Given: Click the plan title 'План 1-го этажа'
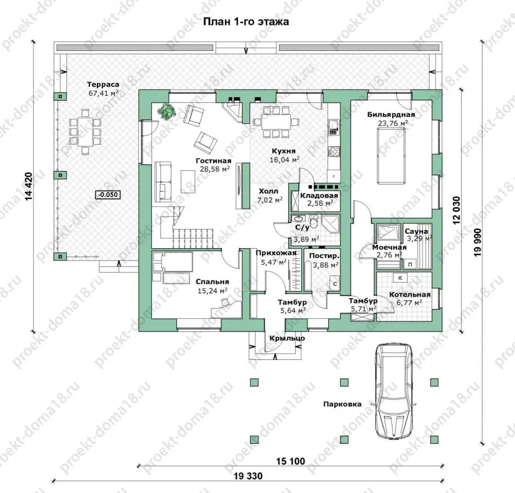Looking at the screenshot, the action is coord(246,22).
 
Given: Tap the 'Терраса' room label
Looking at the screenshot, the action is coord(103,85).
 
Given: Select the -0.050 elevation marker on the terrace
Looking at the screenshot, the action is coord(108,195).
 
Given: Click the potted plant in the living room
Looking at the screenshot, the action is coord(168,111).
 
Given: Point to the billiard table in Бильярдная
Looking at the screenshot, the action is coord(391,156).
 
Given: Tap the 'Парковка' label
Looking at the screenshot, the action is coord(342,404).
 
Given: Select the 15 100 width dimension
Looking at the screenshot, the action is coord(290,461).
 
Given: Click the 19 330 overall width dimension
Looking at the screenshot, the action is coord(248,475).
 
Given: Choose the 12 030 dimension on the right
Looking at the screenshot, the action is coord(457,210).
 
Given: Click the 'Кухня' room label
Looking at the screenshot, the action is coord(283,151).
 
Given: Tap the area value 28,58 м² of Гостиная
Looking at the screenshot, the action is coord(214,169).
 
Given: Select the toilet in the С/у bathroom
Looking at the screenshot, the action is coord(314,222).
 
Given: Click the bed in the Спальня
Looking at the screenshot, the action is coord(173,262).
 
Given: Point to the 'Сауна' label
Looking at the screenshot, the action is coord(416,231).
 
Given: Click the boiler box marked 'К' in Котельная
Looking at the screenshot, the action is coord(400,278).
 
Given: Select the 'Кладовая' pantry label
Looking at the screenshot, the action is coord(319,196).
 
